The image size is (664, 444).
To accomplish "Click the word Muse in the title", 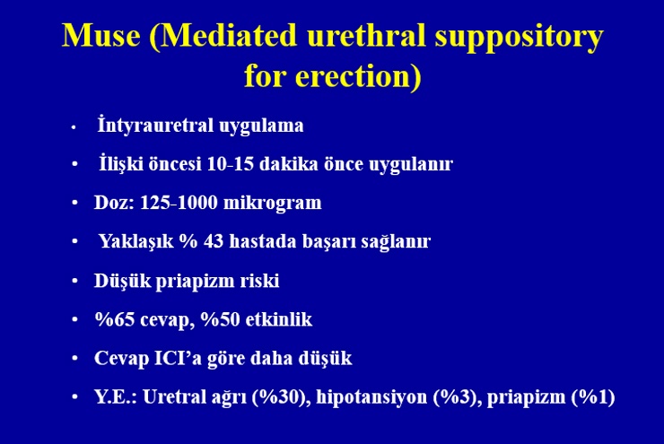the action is [100, 35].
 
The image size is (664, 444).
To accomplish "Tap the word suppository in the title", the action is [519, 38].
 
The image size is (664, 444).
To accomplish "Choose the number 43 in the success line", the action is [214, 241].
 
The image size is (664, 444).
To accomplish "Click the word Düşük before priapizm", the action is [122, 281].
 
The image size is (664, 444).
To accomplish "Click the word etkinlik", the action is [279, 319].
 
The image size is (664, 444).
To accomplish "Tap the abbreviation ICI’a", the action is [177, 358].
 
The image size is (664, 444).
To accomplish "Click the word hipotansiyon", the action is [371, 398].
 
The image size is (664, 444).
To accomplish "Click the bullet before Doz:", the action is [75, 204].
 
